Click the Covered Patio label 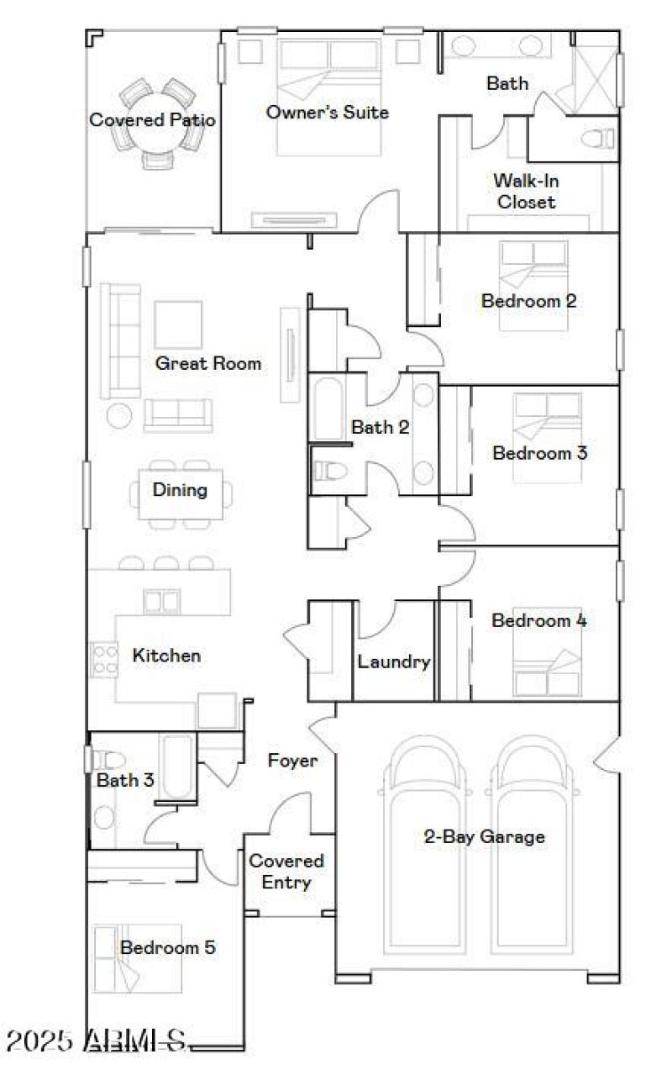152,120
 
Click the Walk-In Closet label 526,191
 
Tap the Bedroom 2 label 528,301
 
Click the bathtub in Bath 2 327,409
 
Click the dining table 181,494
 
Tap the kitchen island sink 161,602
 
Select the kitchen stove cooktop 103,659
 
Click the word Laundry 394,661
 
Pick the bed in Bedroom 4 547,661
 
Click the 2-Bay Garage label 484,836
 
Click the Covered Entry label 286,872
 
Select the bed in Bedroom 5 116,958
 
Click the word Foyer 292,761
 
